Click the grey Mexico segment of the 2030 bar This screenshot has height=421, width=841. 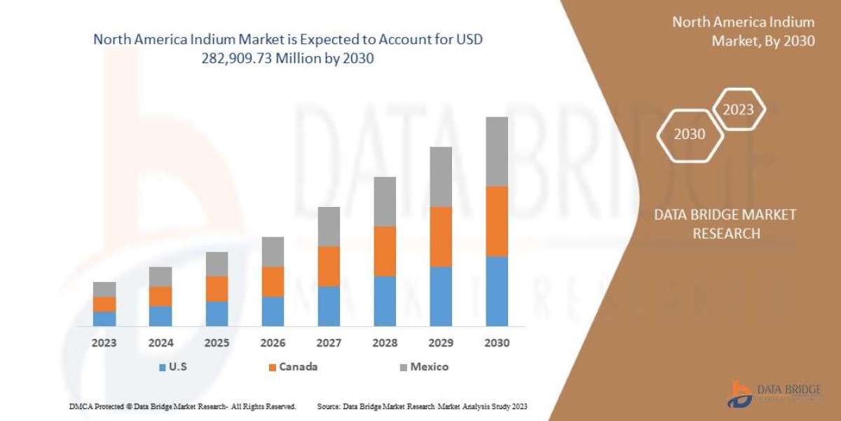click(497, 152)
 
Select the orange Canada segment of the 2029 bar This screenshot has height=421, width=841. click(441, 237)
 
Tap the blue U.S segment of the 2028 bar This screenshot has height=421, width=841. click(385, 301)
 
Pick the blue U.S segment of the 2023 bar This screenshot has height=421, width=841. click(104, 319)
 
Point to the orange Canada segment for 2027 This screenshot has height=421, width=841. click(329, 266)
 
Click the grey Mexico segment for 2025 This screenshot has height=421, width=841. click(217, 264)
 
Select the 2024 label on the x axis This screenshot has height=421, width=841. click(160, 343)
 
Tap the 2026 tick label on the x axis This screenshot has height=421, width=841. click(273, 343)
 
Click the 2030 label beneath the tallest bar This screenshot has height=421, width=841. click(497, 343)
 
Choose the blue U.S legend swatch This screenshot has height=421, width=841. click(163, 367)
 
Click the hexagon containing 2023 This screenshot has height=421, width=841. click(738, 109)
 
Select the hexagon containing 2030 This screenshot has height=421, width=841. click(690, 134)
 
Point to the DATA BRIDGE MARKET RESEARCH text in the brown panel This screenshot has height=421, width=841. click(725, 224)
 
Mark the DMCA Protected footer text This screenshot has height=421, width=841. click(182, 406)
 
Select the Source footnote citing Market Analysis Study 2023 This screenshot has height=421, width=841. click(422, 406)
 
